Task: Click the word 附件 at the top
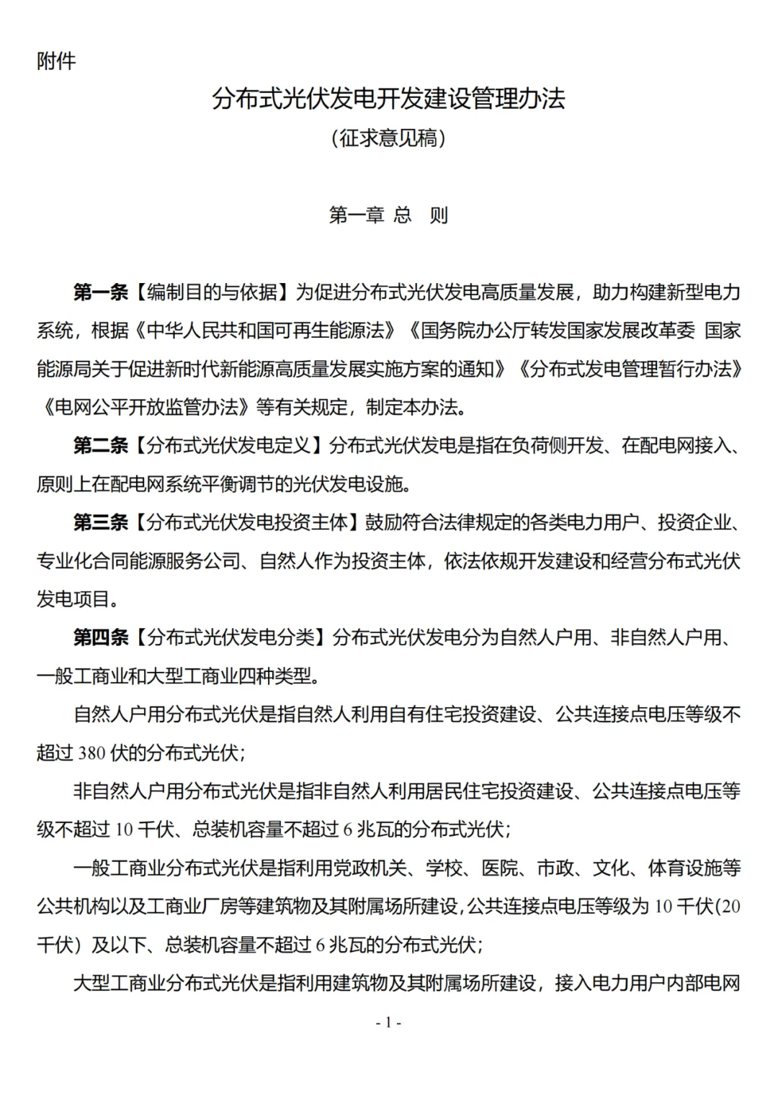tap(56, 61)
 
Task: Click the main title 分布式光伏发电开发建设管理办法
tap(388, 99)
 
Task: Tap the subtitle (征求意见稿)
tap(388, 138)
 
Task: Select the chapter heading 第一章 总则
tap(388, 215)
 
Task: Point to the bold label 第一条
tap(100, 292)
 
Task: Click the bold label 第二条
tap(100, 446)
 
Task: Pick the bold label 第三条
tap(100, 523)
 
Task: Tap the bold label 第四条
tap(100, 638)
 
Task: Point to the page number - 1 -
tap(388, 1023)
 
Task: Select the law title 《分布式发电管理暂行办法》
tap(630, 369)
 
